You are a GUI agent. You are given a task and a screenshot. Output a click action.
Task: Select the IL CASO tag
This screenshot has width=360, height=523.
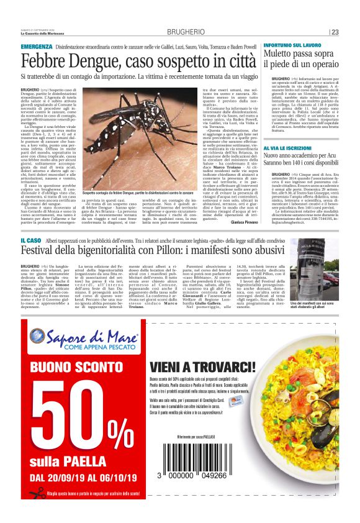(31, 240)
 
